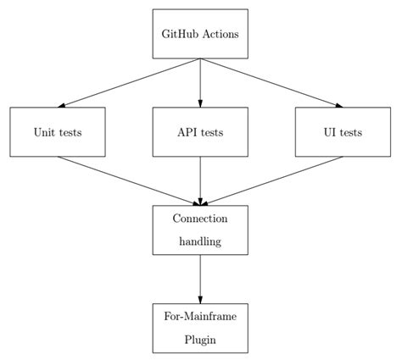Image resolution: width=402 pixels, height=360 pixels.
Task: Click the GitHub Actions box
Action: (200, 34)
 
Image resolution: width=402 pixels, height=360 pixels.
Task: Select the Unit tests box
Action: (58, 132)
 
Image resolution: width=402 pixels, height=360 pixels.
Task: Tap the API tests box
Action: (200, 132)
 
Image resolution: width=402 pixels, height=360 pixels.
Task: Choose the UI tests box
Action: (343, 132)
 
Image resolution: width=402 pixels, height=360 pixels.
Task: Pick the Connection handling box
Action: (200, 230)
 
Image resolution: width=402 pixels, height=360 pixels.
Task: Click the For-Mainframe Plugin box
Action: (200, 328)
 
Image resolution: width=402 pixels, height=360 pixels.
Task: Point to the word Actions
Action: (220, 35)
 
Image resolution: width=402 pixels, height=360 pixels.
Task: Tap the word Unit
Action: (45, 133)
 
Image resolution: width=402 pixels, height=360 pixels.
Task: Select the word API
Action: (187, 133)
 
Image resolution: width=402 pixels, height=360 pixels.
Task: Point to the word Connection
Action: (200, 219)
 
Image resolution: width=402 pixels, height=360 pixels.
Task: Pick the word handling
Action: (200, 241)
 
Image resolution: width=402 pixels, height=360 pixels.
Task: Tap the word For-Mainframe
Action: (200, 316)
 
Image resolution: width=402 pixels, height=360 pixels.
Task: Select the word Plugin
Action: (200, 340)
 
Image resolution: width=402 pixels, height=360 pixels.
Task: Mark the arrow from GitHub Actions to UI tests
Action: (271, 83)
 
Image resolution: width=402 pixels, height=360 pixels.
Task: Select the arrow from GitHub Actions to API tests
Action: (200, 83)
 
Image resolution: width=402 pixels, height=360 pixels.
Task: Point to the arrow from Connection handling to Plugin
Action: (200, 279)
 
